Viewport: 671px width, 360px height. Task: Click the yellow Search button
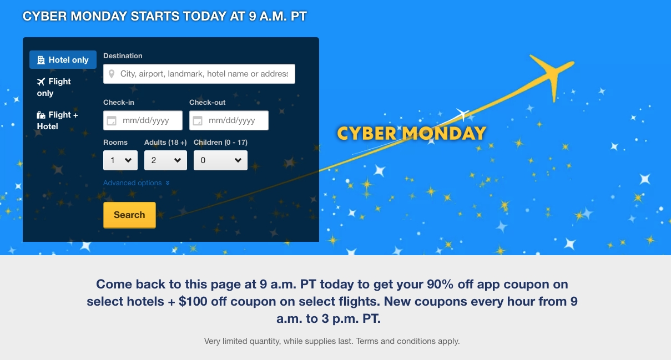(x=129, y=215)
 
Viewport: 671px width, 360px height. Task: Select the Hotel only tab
(x=63, y=59)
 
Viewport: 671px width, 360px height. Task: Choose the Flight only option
(x=54, y=87)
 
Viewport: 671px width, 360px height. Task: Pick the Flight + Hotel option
(x=57, y=120)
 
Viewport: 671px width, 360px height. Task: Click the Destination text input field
(x=199, y=74)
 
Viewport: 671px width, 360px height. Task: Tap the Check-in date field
(x=143, y=120)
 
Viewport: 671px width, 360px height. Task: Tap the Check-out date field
(x=229, y=120)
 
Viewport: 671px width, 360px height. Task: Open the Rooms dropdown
(x=120, y=160)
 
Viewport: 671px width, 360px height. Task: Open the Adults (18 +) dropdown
(x=165, y=160)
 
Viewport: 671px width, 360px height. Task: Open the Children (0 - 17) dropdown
(x=220, y=160)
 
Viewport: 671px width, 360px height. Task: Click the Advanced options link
(x=137, y=182)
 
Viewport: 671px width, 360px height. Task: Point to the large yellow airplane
(x=552, y=75)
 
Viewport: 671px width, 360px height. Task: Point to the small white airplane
(x=462, y=114)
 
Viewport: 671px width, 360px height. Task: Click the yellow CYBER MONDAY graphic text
(x=411, y=133)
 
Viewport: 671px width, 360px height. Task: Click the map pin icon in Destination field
(x=112, y=74)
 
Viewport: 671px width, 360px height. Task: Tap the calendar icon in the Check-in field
(x=112, y=121)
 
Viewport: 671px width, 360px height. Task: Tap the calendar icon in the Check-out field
(x=198, y=121)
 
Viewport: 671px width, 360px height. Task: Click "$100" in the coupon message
(x=193, y=301)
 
